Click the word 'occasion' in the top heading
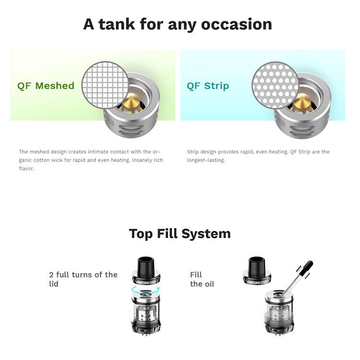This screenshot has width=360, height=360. pyautogui.click(x=237, y=24)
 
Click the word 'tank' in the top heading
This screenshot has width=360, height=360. pyautogui.click(x=117, y=24)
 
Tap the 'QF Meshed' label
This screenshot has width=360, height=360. pyautogui.click(x=46, y=86)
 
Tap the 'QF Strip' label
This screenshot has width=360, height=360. pyautogui.click(x=208, y=86)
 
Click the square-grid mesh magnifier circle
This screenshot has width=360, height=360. pyautogui.click(x=105, y=85)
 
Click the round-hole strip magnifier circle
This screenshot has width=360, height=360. pyautogui.click(x=275, y=85)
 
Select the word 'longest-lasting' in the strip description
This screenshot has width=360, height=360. pyautogui.click(x=205, y=160)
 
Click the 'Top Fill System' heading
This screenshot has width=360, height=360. pyautogui.click(x=180, y=234)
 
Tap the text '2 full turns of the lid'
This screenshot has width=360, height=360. pyautogui.click(x=83, y=279)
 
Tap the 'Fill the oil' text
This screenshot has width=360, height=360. pyautogui.click(x=202, y=279)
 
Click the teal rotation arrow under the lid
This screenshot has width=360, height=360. pyautogui.click(x=145, y=289)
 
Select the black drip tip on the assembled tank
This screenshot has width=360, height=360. pyautogui.click(x=145, y=264)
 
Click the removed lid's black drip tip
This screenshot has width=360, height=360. pyautogui.click(x=257, y=266)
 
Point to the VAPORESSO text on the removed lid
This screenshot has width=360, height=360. pyautogui.click(x=257, y=282)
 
